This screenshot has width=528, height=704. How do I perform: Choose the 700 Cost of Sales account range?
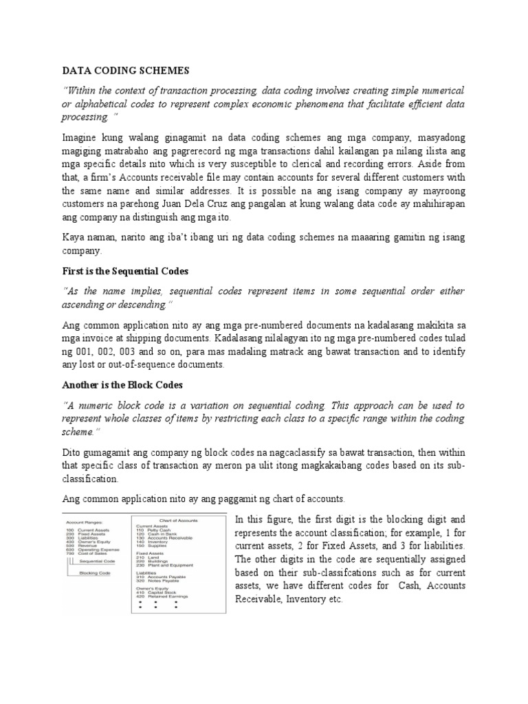click(89, 553)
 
